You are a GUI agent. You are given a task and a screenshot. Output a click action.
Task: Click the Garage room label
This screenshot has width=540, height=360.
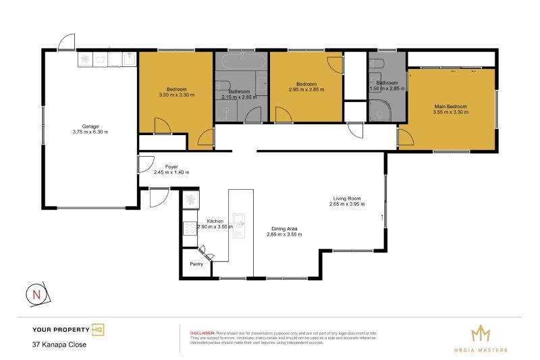pyautogui.click(x=90, y=126)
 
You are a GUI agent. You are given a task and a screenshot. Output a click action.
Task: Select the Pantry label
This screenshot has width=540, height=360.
pyautogui.click(x=196, y=264)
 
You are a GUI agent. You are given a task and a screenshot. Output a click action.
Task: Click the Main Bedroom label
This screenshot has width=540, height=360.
pyautogui.click(x=450, y=107)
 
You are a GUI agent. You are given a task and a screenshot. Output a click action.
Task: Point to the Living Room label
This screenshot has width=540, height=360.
pyautogui.click(x=347, y=198)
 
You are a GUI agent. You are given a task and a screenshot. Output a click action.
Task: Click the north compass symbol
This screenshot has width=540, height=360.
pyautogui.click(x=36, y=294)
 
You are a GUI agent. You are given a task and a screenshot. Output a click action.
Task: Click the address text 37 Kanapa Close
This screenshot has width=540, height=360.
pyautogui.click(x=59, y=344)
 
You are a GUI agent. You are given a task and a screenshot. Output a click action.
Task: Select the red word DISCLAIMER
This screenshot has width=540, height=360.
pyautogui.click(x=202, y=333)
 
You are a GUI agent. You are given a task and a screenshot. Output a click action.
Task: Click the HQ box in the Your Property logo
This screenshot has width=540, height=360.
pyautogui.click(x=98, y=330)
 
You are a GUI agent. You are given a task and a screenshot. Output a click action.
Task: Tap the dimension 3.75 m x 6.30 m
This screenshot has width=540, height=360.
pyautogui.click(x=90, y=132)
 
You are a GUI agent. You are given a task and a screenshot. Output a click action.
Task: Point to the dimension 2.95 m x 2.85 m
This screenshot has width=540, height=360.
pyautogui.click(x=306, y=89)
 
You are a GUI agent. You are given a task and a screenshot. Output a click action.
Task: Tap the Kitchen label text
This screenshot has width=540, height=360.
pyautogui.click(x=215, y=222)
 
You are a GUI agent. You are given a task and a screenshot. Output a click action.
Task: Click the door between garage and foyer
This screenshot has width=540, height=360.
pyautogui.click(x=144, y=164)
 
